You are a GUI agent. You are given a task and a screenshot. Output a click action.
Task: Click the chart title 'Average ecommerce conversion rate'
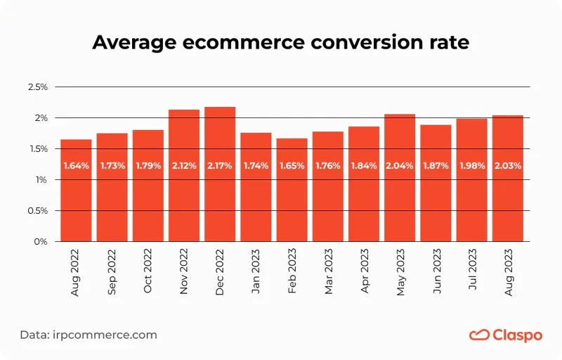point(281,43)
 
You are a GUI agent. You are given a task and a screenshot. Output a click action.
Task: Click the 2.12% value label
point(184,166)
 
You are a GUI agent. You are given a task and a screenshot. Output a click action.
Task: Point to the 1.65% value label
point(292,166)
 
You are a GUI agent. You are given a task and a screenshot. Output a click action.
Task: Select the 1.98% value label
point(471,166)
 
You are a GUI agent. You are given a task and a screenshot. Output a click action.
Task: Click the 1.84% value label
point(364,166)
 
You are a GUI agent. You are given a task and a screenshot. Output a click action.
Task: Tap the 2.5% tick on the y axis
point(37,87)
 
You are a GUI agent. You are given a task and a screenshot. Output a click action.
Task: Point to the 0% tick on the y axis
point(41,242)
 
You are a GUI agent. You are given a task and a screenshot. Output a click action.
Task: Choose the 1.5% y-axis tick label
point(37,149)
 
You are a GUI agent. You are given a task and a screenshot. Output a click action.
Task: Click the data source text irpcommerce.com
point(105,335)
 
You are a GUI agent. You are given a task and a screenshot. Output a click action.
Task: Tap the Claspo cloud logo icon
point(479,335)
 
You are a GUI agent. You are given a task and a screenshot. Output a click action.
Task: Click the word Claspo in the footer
point(518,335)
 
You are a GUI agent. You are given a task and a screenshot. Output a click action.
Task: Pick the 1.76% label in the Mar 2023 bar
point(328,166)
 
